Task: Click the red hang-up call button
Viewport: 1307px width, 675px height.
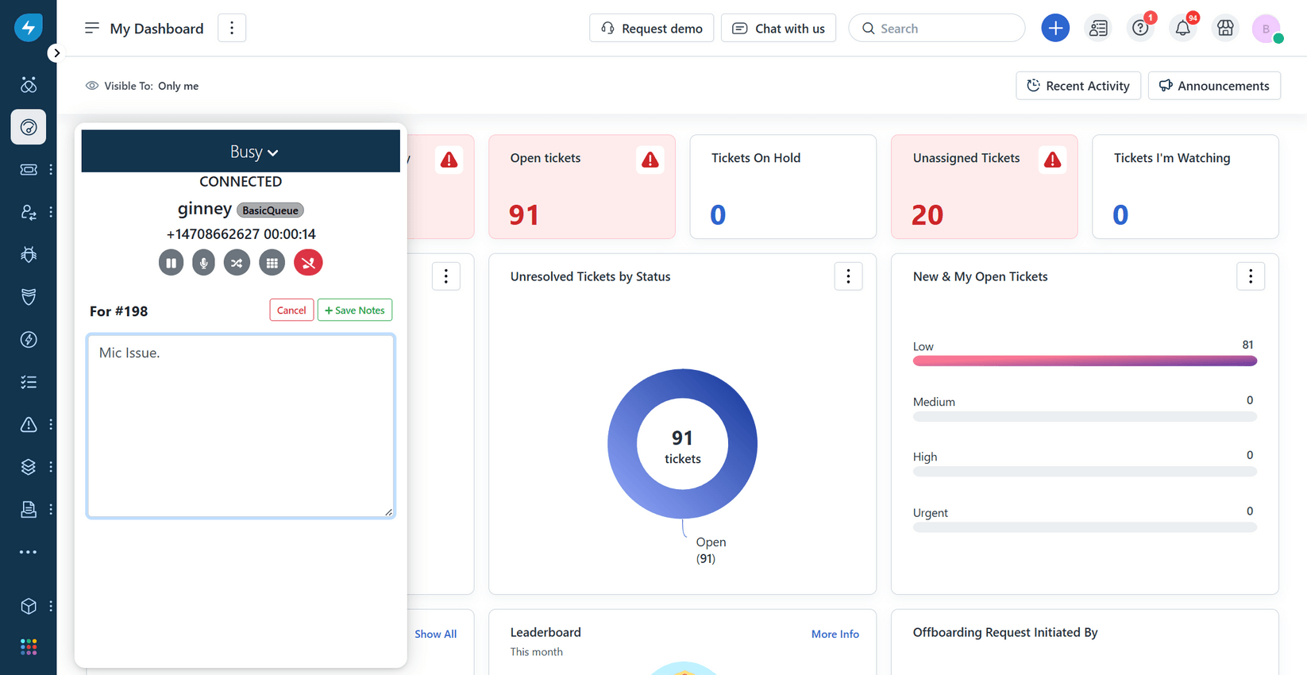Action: point(308,263)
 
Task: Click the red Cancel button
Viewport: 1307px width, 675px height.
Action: point(291,310)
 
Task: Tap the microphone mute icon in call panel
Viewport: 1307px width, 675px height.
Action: point(203,263)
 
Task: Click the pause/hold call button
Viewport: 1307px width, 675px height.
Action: point(171,263)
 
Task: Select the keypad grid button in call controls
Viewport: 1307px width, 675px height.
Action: point(272,263)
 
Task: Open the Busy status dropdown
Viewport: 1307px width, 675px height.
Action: point(253,152)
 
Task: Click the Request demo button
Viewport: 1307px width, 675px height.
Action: point(651,29)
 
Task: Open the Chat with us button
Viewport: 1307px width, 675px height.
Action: point(778,29)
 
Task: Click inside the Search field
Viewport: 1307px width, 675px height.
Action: point(945,29)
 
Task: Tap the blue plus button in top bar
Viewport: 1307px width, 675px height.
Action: point(1054,29)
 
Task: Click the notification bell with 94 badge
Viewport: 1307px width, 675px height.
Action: point(1182,29)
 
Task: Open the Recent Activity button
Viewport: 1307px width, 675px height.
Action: point(1078,86)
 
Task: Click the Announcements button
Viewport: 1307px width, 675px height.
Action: point(1213,86)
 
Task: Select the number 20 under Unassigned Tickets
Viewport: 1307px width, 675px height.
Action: point(927,215)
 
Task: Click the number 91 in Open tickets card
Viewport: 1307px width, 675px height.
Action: point(524,215)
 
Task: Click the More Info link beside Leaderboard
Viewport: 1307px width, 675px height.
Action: point(835,634)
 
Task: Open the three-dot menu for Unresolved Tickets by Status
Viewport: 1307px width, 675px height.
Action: point(848,276)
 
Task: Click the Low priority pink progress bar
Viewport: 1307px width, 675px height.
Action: point(1084,361)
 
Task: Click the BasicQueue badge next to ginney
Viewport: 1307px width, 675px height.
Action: point(270,210)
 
